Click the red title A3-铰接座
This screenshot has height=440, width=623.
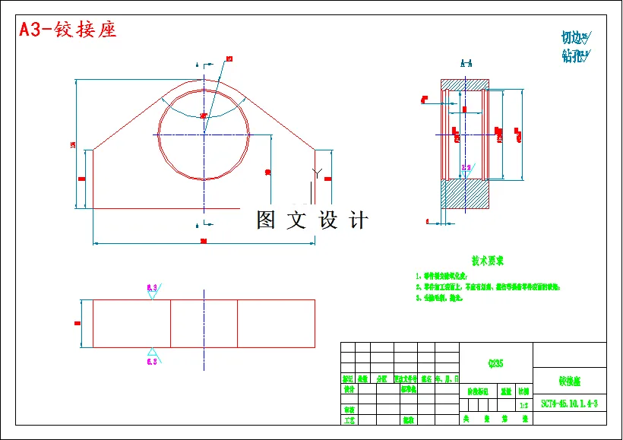pos(68,30)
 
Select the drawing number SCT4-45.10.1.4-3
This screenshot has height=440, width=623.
pos(570,404)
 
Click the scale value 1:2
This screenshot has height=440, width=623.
pos(523,406)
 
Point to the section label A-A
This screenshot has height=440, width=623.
pos(466,64)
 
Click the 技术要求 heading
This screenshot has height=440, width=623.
pos(488,261)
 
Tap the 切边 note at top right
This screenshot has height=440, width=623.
pos(574,37)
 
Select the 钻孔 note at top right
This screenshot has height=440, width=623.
pos(574,55)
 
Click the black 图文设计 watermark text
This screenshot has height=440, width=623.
pos(312,220)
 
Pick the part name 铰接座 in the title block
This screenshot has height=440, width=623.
pos(570,380)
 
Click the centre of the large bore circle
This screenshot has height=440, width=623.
pos(204,135)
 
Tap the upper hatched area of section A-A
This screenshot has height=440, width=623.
pos(466,84)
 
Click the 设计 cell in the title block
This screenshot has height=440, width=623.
pos(349,388)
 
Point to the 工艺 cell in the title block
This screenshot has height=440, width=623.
pos(349,419)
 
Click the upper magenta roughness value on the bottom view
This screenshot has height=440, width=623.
pos(152,287)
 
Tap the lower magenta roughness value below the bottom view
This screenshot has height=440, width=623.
pos(152,362)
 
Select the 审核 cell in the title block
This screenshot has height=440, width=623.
pos(349,409)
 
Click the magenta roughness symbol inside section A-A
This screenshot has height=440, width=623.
pos(466,167)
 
